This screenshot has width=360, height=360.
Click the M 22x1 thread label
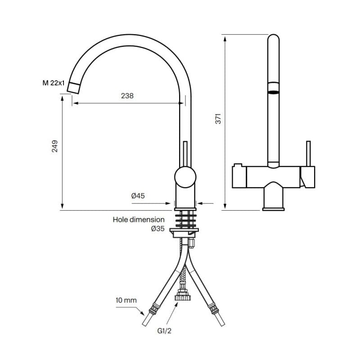(54, 83)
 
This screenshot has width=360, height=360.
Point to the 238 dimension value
(127, 96)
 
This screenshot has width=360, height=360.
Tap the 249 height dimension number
(54, 146)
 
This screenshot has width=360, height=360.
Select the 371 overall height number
(218, 118)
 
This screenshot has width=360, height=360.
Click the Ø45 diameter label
(138, 196)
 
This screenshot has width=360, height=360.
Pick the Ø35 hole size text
(158, 229)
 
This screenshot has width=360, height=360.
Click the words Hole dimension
(139, 220)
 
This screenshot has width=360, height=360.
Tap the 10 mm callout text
(126, 300)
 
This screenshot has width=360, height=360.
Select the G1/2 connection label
(164, 331)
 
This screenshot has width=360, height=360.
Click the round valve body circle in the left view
(185, 177)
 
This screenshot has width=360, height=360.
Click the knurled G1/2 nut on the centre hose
(182, 297)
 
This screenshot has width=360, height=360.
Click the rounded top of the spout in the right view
(274, 38)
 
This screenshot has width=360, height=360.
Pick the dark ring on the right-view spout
(274, 92)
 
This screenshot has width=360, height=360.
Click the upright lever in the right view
(309, 153)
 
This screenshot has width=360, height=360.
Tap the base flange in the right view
(274, 209)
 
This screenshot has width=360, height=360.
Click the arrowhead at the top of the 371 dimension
(225, 39)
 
